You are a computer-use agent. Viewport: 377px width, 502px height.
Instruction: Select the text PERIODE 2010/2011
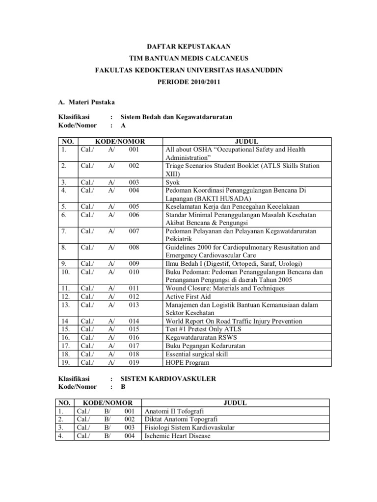tap(189, 82)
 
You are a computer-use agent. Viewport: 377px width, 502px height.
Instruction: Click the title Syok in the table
tap(172, 182)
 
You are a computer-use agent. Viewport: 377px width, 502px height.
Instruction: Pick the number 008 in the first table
tap(135, 248)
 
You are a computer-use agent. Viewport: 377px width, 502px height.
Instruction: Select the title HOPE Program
tap(188, 363)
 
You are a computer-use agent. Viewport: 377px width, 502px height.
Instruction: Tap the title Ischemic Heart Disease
tap(177, 436)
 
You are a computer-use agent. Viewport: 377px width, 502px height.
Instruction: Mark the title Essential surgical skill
tap(197, 354)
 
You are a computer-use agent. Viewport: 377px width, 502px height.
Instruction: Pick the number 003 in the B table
tap(129, 427)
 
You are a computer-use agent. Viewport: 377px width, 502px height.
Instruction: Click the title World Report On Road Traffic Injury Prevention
tap(233, 321)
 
